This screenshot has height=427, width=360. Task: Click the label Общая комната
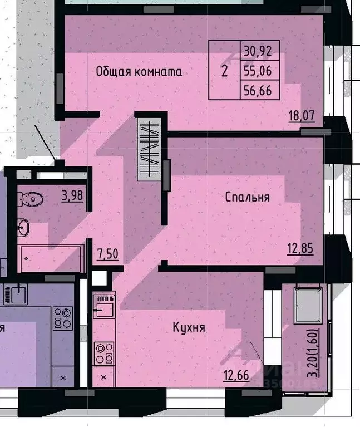(x=139, y=72)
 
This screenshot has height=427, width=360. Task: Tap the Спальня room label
(x=248, y=197)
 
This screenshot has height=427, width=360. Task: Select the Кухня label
(x=189, y=327)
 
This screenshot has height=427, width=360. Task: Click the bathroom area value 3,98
(x=72, y=196)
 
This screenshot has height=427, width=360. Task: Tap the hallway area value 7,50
(x=107, y=254)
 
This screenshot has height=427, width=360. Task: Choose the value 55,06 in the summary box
(x=258, y=71)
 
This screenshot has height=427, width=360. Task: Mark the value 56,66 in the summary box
(x=258, y=90)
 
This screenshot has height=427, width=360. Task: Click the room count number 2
(x=225, y=71)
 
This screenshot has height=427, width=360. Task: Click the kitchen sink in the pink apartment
(x=104, y=307)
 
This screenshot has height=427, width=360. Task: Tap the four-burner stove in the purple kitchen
(x=62, y=318)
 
